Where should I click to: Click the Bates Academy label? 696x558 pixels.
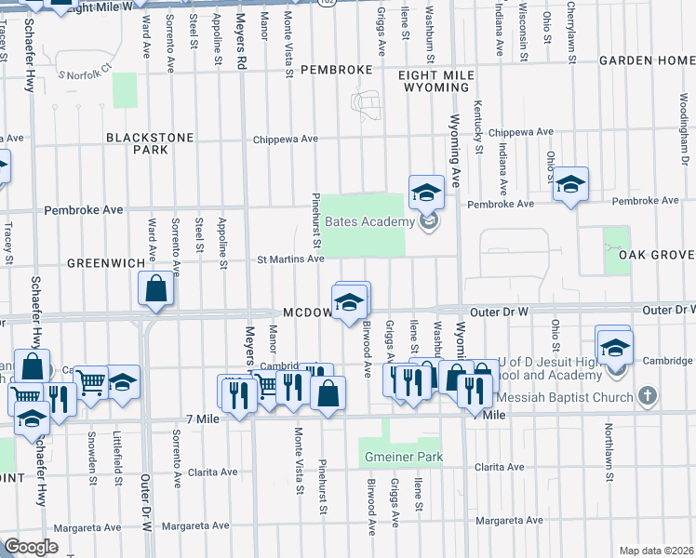pos(369,221)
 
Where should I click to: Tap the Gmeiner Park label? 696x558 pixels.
pos(401,458)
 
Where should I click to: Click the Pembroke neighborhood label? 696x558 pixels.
pos(338,70)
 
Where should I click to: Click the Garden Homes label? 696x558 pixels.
pos(647,60)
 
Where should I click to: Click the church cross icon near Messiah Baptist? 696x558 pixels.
pos(649,396)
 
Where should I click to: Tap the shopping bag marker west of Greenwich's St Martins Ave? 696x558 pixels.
pos(156,290)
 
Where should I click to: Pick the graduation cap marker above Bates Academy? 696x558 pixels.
pos(426,193)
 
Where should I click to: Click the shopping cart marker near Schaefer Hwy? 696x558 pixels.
pos(91,381)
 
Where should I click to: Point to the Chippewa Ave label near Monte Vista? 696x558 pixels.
pos(288,139)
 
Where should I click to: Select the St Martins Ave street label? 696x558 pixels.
pos(290,259)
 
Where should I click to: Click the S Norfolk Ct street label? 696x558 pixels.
pos(84,71)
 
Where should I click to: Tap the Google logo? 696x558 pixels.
pos(31,546)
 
